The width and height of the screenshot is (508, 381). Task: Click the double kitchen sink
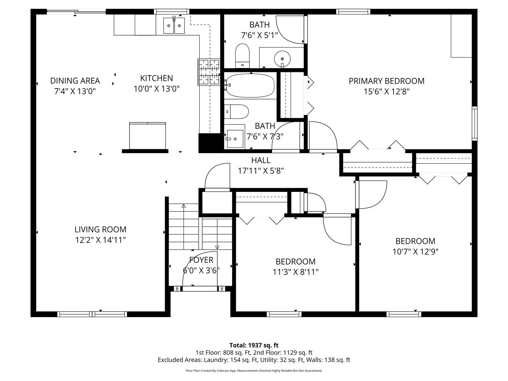pyautogui.click(x=174, y=25)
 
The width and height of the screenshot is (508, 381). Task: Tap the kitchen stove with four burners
pyautogui.click(x=209, y=72)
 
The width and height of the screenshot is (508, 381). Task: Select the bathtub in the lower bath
pyautogui.click(x=250, y=85)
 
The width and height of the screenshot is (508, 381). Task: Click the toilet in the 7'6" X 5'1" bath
pyautogui.click(x=242, y=55)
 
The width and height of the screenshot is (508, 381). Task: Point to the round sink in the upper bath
pyautogui.click(x=282, y=57)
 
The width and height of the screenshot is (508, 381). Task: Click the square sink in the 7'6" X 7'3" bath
pyautogui.click(x=235, y=139)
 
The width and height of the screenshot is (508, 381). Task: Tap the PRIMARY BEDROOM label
pyautogui.click(x=386, y=81)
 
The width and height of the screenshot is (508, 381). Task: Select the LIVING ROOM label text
pyautogui.click(x=100, y=229)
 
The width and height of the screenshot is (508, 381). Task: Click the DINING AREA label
pyautogui.click(x=75, y=81)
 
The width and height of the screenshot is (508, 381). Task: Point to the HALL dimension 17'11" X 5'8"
pyautogui.click(x=261, y=171)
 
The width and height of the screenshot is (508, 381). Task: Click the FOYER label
pyautogui.click(x=201, y=260)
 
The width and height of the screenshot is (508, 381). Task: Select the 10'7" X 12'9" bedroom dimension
pyautogui.click(x=415, y=252)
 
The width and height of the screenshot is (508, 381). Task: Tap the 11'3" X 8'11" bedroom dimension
pyautogui.click(x=295, y=272)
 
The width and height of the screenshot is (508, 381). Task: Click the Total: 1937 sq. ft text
pyautogui.click(x=254, y=345)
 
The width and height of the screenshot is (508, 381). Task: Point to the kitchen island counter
pyautogui.click(x=147, y=136)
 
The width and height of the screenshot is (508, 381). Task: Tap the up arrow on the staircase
pyautogui.click(x=183, y=206)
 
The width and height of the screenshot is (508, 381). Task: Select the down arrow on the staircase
pyautogui.click(x=217, y=247)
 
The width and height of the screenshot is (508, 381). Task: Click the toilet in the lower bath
pyautogui.click(x=237, y=111)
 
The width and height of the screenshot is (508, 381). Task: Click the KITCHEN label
pyautogui.click(x=156, y=78)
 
